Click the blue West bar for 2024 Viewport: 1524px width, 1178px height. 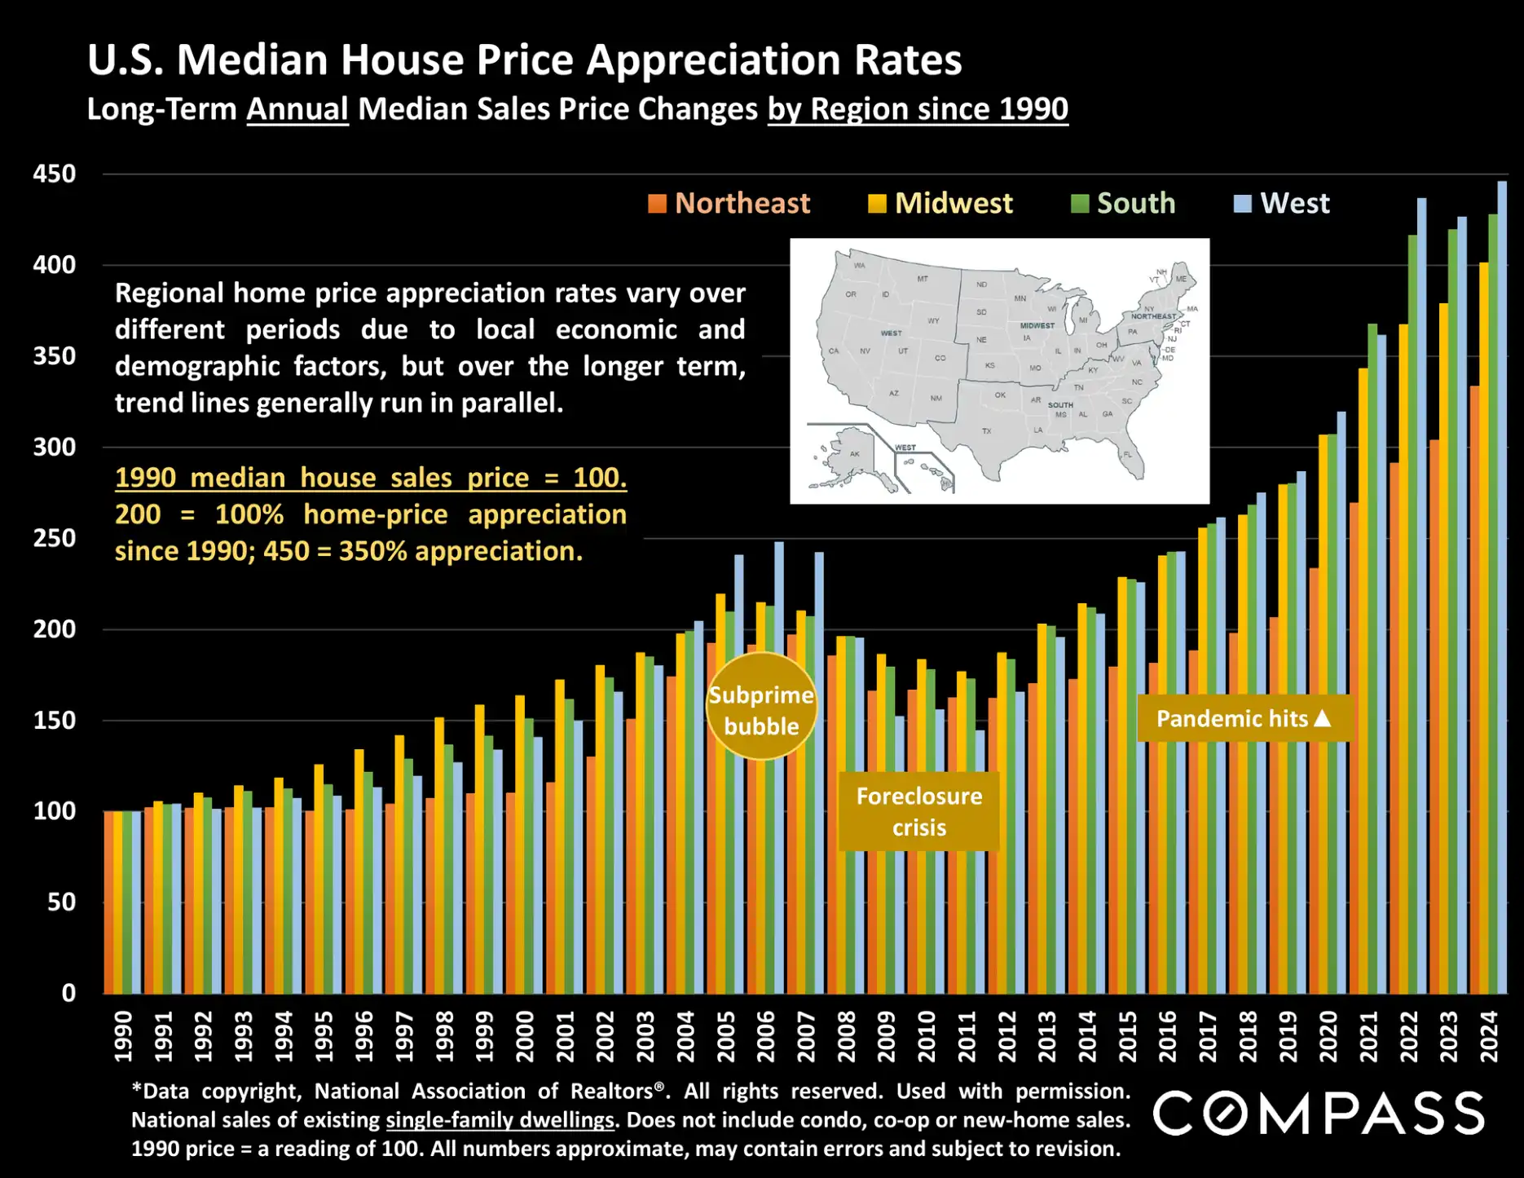pyautogui.click(x=1502, y=587)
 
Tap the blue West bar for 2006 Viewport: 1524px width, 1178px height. pyautogui.click(x=779, y=767)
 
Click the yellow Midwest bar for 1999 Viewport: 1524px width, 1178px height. pyautogui.click(x=480, y=849)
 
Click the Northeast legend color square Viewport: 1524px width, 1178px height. pyautogui.click(x=657, y=204)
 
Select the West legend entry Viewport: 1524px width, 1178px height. pyautogui.click(x=1282, y=203)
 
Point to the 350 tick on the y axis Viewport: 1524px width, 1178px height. pyautogui.click(x=54, y=356)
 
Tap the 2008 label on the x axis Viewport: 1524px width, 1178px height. pyautogui.click(x=847, y=1036)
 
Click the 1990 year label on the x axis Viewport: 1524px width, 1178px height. pyautogui.click(x=123, y=1036)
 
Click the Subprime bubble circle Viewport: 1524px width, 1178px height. pyautogui.click(x=761, y=706)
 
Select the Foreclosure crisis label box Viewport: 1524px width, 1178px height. pyautogui.click(x=918, y=811)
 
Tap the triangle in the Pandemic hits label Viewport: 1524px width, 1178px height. pyautogui.click(x=1323, y=718)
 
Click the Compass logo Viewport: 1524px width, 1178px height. pyautogui.click(x=1318, y=1114)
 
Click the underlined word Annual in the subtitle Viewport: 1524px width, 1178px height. pyautogui.click(x=297, y=109)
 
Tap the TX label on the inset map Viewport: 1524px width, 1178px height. pyautogui.click(x=986, y=430)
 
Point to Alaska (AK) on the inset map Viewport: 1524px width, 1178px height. pyautogui.click(x=854, y=454)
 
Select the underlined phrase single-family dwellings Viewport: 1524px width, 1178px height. pyautogui.click(x=500, y=1120)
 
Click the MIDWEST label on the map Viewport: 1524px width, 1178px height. pyautogui.click(x=1037, y=325)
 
